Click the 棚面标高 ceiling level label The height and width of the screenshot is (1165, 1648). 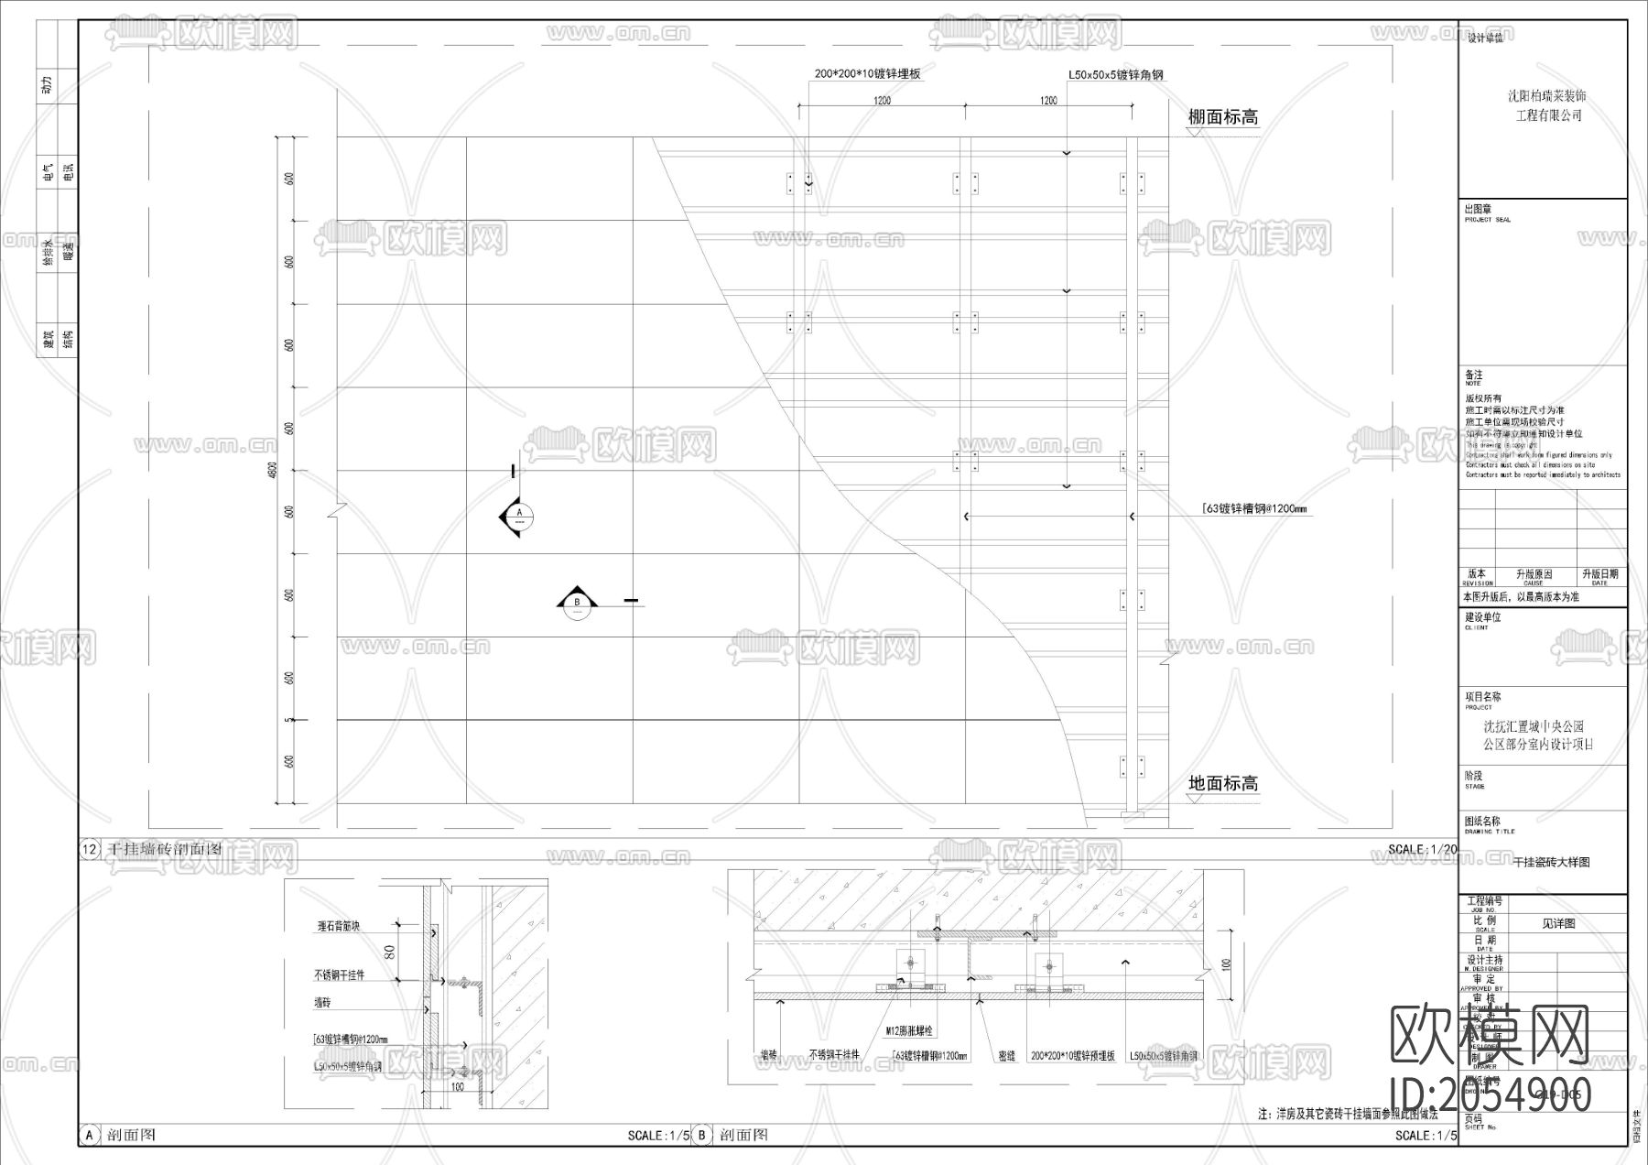coord(1222,117)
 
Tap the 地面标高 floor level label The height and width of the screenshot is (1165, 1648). coord(1222,783)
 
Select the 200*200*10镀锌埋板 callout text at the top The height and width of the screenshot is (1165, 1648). coord(867,75)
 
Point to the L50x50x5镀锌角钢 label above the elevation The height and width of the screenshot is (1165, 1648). coord(1115,75)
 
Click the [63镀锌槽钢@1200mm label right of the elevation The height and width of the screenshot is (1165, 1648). coord(1253,509)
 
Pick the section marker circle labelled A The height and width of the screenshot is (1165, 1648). coord(519,516)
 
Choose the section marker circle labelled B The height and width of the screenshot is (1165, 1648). coord(577,604)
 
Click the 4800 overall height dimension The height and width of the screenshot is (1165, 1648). coord(272,470)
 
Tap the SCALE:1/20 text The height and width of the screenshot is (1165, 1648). coord(1421,849)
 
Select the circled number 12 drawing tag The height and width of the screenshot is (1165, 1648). coord(90,849)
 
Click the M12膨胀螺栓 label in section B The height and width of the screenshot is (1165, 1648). coord(908,1030)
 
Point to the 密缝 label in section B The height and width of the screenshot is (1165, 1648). coord(1005,1056)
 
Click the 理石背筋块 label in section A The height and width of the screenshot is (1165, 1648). coord(338,927)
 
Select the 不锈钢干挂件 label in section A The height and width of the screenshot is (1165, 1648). coord(339,975)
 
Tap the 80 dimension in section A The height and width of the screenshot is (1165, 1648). coord(389,953)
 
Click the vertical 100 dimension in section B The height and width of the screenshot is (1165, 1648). coord(1226,964)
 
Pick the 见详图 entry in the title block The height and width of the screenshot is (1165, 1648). coord(1558,923)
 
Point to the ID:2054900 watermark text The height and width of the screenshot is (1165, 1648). coord(1491,1094)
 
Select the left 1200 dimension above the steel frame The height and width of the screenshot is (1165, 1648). coord(881,101)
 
